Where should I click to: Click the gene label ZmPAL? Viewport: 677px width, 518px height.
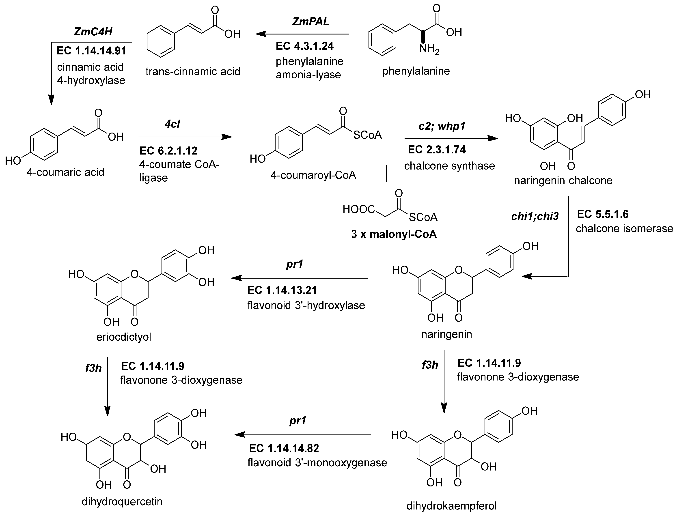(x=310, y=21)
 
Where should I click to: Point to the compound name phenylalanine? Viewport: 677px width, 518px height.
(x=416, y=71)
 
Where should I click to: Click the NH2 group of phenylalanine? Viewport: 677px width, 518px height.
(x=429, y=49)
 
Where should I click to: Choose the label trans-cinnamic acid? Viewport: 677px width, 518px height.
(x=193, y=71)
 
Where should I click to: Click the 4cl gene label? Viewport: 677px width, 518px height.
(x=172, y=124)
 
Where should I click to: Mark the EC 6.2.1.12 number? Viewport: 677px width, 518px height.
(x=168, y=151)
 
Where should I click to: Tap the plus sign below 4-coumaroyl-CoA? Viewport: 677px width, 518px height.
(x=386, y=173)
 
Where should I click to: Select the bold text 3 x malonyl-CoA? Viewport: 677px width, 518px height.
(x=394, y=234)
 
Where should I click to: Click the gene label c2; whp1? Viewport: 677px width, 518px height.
(x=442, y=126)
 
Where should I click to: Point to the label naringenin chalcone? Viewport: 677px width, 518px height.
(x=563, y=180)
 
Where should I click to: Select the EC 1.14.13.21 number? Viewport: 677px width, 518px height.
(x=282, y=290)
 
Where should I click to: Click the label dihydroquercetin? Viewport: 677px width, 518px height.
(x=122, y=502)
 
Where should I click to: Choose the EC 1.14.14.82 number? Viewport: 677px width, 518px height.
(x=284, y=448)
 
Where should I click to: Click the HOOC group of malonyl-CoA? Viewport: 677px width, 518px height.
(x=358, y=210)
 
